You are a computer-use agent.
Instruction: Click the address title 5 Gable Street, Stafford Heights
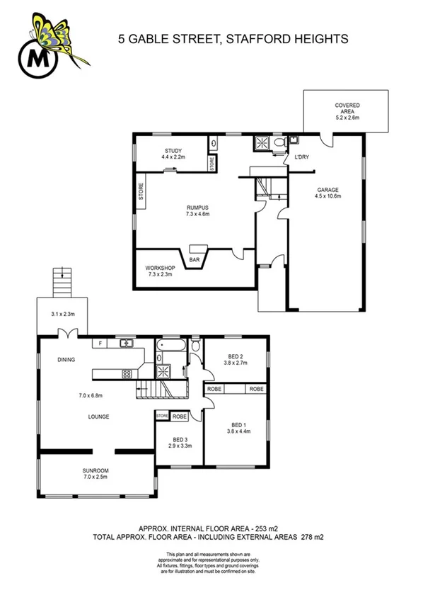[233, 40]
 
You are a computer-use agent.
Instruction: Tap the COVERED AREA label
[347, 109]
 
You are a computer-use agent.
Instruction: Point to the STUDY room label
[173, 151]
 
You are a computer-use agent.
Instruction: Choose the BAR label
[194, 260]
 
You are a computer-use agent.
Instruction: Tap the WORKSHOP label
[159, 268]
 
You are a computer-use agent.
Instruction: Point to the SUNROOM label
[96, 470]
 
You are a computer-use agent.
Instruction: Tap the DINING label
[66, 360]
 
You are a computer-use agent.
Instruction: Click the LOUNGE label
[98, 417]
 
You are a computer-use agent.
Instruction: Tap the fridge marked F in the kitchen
[102, 343]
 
